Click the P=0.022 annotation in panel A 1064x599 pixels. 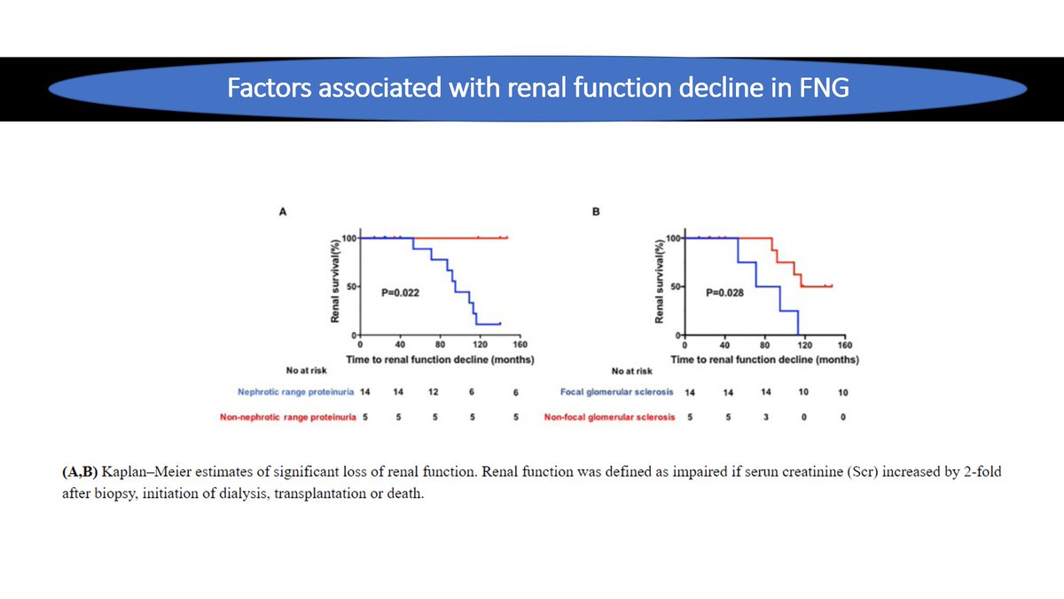401,291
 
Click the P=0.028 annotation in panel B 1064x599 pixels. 725,291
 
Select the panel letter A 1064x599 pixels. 284,213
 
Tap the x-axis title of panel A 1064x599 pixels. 433,360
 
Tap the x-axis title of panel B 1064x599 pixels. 764,360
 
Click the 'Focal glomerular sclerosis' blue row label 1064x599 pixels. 617,391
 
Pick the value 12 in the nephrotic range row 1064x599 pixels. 433,391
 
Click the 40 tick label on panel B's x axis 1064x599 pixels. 724,345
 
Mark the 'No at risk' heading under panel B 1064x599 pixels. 631,371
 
